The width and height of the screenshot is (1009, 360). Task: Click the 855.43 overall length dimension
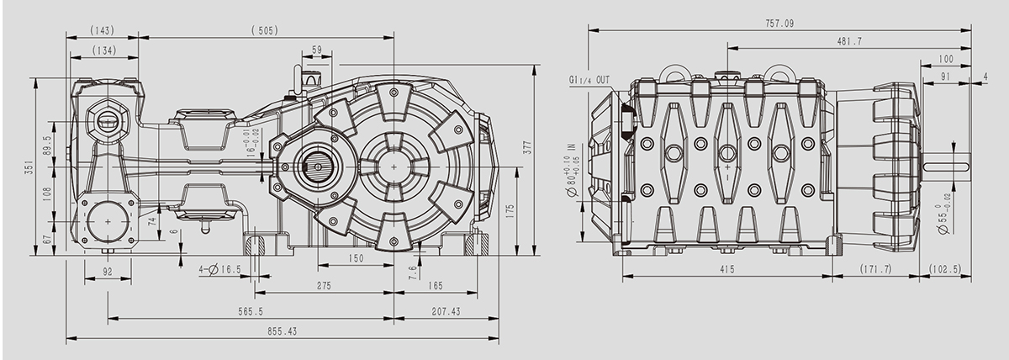pyautogui.click(x=283, y=331)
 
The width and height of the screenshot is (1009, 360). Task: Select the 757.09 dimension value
pyautogui.click(x=779, y=24)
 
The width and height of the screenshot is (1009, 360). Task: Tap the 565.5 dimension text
pyautogui.click(x=251, y=311)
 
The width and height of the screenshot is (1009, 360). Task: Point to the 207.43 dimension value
pyautogui.click(x=446, y=311)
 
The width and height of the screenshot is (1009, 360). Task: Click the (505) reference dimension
pyautogui.click(x=265, y=30)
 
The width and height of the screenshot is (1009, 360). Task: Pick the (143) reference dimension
pyautogui.click(x=103, y=30)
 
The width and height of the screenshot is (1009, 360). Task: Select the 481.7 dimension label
pyautogui.click(x=849, y=41)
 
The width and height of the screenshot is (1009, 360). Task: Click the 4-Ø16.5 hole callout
pyautogui.click(x=219, y=269)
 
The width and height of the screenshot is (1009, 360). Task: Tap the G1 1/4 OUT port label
pyautogui.click(x=589, y=80)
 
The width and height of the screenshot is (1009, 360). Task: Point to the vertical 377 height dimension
pyautogui.click(x=528, y=147)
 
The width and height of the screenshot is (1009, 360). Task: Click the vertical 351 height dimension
pyautogui.click(x=29, y=167)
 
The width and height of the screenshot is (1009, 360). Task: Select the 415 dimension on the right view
pyautogui.click(x=727, y=269)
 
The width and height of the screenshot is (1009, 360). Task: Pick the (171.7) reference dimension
pyautogui.click(x=875, y=269)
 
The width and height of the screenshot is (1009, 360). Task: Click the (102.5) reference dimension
pyautogui.click(x=945, y=269)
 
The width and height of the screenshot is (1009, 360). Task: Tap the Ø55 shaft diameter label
pyautogui.click(x=943, y=219)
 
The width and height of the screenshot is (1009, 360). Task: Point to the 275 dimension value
pyautogui.click(x=324, y=286)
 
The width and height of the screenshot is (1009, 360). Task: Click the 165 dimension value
pyautogui.click(x=436, y=286)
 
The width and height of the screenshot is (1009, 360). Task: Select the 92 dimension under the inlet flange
pyautogui.click(x=108, y=272)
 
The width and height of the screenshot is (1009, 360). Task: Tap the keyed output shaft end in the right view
pyautogui.click(x=946, y=167)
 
